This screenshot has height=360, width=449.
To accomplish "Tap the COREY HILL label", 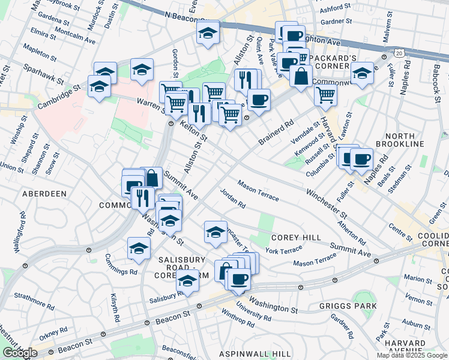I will click(296, 238).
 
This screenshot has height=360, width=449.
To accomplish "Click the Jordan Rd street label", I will click(233, 198).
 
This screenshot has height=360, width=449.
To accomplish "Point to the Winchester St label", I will click(327, 203).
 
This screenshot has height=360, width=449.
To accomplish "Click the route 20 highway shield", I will click(399, 53).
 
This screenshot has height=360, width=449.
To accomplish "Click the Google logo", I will click(19, 353).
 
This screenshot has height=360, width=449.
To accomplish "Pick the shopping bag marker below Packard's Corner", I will click(301, 77).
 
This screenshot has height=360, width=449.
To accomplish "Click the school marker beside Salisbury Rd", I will click(187, 281).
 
